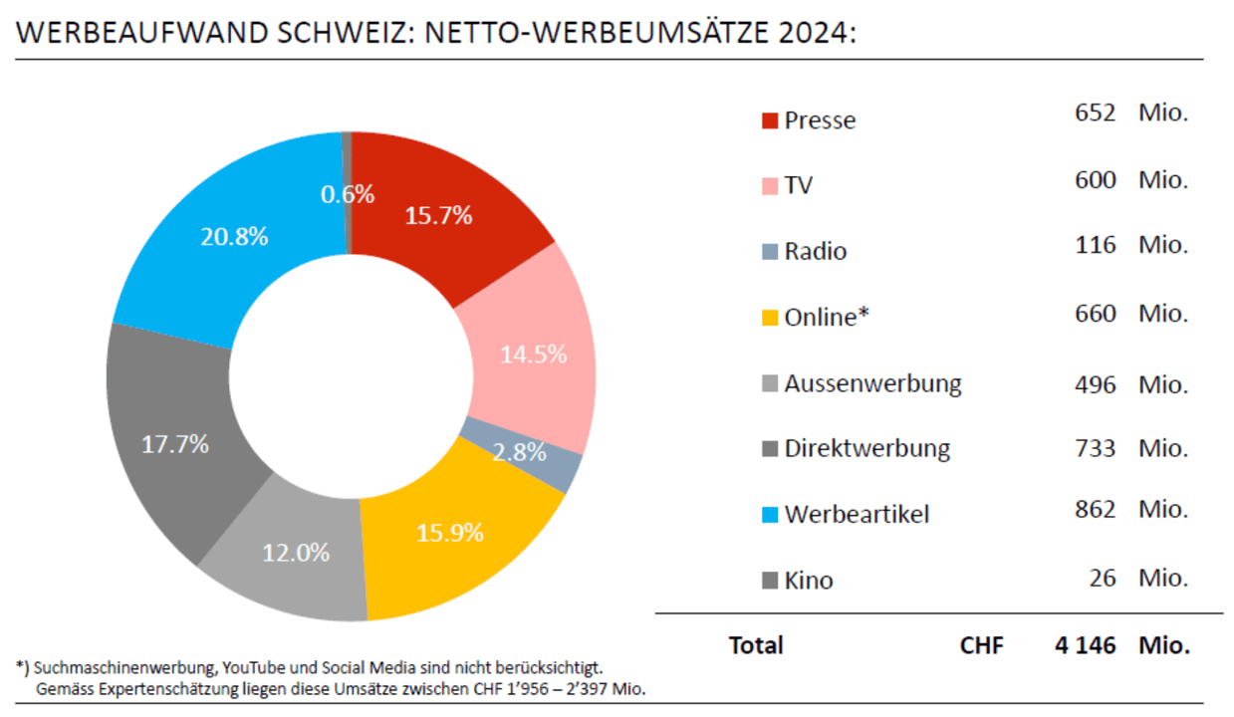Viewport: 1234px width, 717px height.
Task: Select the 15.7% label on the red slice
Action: [x=438, y=215]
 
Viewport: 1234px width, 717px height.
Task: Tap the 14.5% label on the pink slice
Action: [x=533, y=354]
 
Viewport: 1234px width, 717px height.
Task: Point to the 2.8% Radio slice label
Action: [x=520, y=452]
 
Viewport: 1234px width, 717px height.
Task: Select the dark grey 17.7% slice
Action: [x=175, y=444]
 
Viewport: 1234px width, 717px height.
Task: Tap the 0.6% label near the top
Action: [x=348, y=194]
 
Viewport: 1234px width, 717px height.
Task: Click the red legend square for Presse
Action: [x=769, y=120]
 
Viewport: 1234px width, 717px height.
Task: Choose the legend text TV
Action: [x=798, y=185]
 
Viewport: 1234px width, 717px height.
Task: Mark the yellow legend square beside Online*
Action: [x=769, y=318]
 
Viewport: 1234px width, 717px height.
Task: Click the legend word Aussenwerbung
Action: [x=872, y=383]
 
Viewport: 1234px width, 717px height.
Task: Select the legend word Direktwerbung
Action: [x=866, y=449]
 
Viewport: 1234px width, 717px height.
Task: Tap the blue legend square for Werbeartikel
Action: [x=769, y=515]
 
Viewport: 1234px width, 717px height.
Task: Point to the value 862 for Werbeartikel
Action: [x=1096, y=510]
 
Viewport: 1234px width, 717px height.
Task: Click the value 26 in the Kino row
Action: [x=1103, y=578]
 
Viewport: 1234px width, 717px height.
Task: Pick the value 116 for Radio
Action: [x=1096, y=245]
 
